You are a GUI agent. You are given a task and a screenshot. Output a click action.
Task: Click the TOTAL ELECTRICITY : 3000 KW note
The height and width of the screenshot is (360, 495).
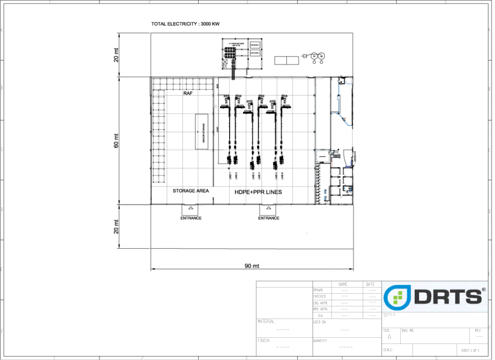pos(186,24)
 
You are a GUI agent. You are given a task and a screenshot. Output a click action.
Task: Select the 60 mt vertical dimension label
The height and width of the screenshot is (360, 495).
pos(116,141)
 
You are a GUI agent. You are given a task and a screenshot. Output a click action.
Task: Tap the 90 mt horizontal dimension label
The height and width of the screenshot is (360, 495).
pos(251,265)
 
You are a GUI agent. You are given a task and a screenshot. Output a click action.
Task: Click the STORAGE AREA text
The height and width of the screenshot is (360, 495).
pos(191,191)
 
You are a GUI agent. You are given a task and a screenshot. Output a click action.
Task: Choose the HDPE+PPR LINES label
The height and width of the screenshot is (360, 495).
pos(258,192)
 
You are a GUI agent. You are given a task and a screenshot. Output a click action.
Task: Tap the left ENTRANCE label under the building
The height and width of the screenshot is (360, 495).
pos(190,218)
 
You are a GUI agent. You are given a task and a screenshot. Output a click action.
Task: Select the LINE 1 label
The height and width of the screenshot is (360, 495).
pos(230,176)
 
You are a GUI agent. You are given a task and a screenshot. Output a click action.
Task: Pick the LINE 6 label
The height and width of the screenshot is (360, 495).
pos(282,176)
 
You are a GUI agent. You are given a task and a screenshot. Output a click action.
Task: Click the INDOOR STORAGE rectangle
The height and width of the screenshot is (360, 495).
pos(202,132)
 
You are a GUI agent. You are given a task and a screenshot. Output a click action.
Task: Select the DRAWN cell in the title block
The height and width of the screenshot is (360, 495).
pos(319,290)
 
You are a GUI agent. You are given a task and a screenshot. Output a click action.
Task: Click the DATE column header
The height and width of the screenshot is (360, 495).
pos(370,284)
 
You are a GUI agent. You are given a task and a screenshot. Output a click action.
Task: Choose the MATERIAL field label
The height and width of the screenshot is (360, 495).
pos(266,321)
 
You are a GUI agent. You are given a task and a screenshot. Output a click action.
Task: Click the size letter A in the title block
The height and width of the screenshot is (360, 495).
pos(390,337)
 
